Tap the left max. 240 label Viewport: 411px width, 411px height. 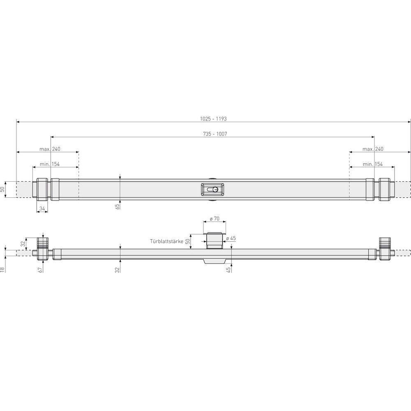pos(50,149)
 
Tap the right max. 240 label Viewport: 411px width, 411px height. pos(373,149)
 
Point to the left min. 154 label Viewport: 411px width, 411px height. pos(50,164)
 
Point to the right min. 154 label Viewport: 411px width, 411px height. pos(373,164)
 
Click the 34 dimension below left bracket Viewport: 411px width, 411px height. pos(41,209)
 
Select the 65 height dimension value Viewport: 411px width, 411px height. pos(117,206)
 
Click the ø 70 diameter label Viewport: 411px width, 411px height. pos(214,219)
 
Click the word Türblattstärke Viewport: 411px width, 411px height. pos(166,242)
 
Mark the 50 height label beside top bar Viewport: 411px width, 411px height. pos(3,189)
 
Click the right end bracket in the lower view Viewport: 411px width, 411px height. pos(386,249)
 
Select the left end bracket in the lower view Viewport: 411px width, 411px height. pos(43,249)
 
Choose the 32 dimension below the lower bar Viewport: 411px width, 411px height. pos(117,269)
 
